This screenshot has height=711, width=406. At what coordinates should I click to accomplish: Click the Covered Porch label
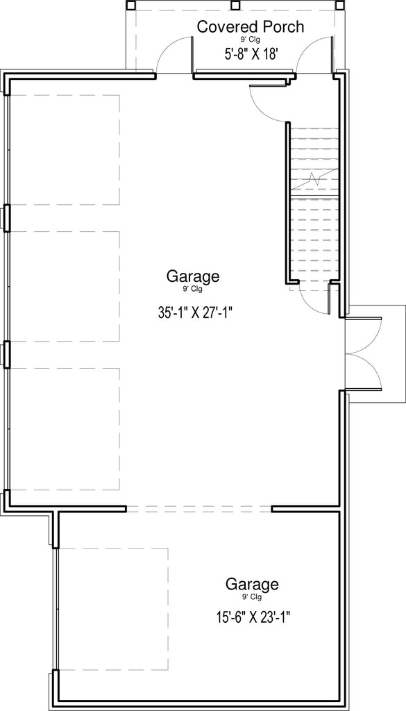[x=250, y=26]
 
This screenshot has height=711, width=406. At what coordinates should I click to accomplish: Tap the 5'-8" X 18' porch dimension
[x=250, y=53]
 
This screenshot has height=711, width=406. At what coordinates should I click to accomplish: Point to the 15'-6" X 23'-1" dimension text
[x=252, y=617]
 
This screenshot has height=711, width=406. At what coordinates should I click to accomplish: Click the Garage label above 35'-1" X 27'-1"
[x=193, y=276]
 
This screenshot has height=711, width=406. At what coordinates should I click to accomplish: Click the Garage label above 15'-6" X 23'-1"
[x=252, y=584]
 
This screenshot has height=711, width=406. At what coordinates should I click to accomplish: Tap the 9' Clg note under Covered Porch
[x=250, y=40]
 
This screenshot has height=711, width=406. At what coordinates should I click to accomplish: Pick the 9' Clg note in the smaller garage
[x=252, y=597]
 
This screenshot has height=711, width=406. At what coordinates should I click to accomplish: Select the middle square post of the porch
[x=235, y=5]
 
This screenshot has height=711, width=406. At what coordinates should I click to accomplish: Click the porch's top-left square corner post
[x=130, y=5]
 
